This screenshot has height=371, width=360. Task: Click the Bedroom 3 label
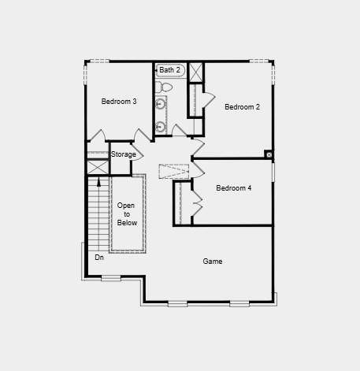(x=119, y=102)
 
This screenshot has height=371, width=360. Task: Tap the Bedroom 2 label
(x=242, y=107)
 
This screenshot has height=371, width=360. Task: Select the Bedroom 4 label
(x=234, y=188)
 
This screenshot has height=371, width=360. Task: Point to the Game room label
(x=213, y=262)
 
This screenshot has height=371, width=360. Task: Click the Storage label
(x=124, y=154)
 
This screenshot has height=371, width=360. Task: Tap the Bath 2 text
(x=170, y=70)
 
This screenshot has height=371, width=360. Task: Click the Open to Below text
(x=127, y=214)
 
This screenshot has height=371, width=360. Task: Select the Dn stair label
(x=99, y=258)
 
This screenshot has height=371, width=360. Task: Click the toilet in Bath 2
(x=163, y=87)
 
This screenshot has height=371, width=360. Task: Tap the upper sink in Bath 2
(x=160, y=104)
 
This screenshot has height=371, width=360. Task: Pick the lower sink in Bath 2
(x=160, y=127)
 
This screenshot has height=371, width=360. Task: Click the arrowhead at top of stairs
(x=98, y=182)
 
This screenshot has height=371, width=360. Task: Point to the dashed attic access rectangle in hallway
(x=174, y=172)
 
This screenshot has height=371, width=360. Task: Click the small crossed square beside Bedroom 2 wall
(x=269, y=154)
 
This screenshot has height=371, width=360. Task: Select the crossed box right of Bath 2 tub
(x=196, y=72)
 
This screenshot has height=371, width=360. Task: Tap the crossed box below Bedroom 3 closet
(x=98, y=167)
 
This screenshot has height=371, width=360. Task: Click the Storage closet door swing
(x=137, y=152)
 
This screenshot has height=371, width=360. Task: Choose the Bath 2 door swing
(x=179, y=130)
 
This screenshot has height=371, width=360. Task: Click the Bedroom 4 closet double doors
(x=197, y=202)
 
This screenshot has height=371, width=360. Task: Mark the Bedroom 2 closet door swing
(x=209, y=99)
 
